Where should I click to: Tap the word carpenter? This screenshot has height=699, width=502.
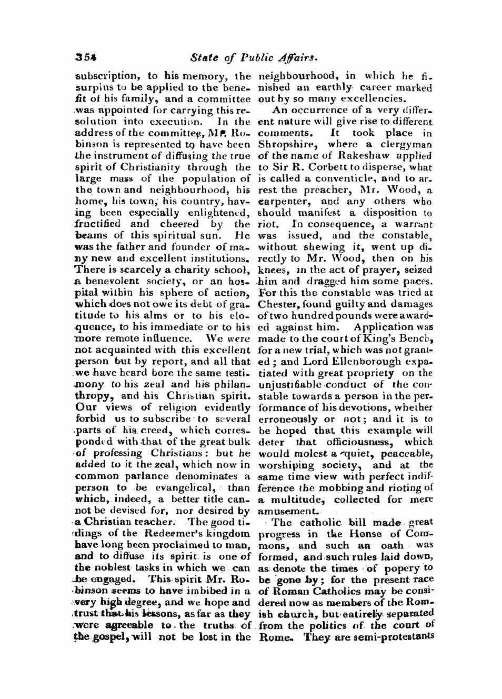pyautogui.click(x=279, y=202)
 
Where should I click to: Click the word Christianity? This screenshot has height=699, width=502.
pyautogui.click(x=167, y=167)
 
